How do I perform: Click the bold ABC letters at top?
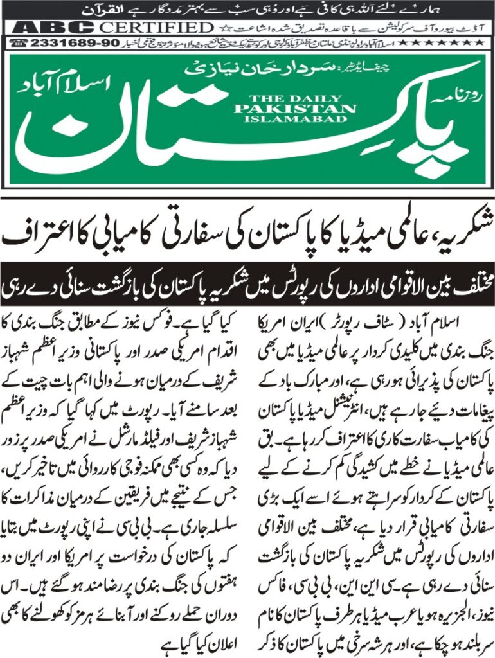pyautogui.click(x=51, y=28)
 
